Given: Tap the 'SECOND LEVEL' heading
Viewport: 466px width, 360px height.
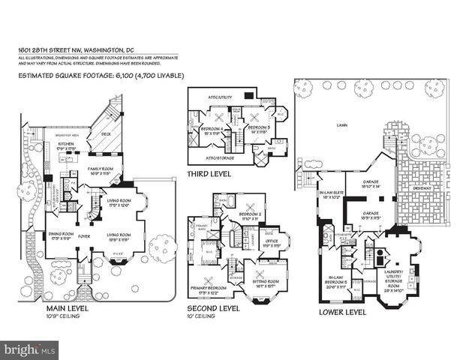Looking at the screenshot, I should (214, 307).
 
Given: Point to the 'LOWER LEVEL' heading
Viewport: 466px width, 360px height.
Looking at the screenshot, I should (342, 310).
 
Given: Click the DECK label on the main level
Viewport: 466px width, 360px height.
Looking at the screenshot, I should (106, 136).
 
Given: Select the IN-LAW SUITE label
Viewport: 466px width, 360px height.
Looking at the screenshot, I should (328, 193).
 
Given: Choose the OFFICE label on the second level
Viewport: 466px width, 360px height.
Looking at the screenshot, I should (270, 241).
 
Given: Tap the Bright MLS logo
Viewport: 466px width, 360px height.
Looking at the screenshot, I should (30, 349).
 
